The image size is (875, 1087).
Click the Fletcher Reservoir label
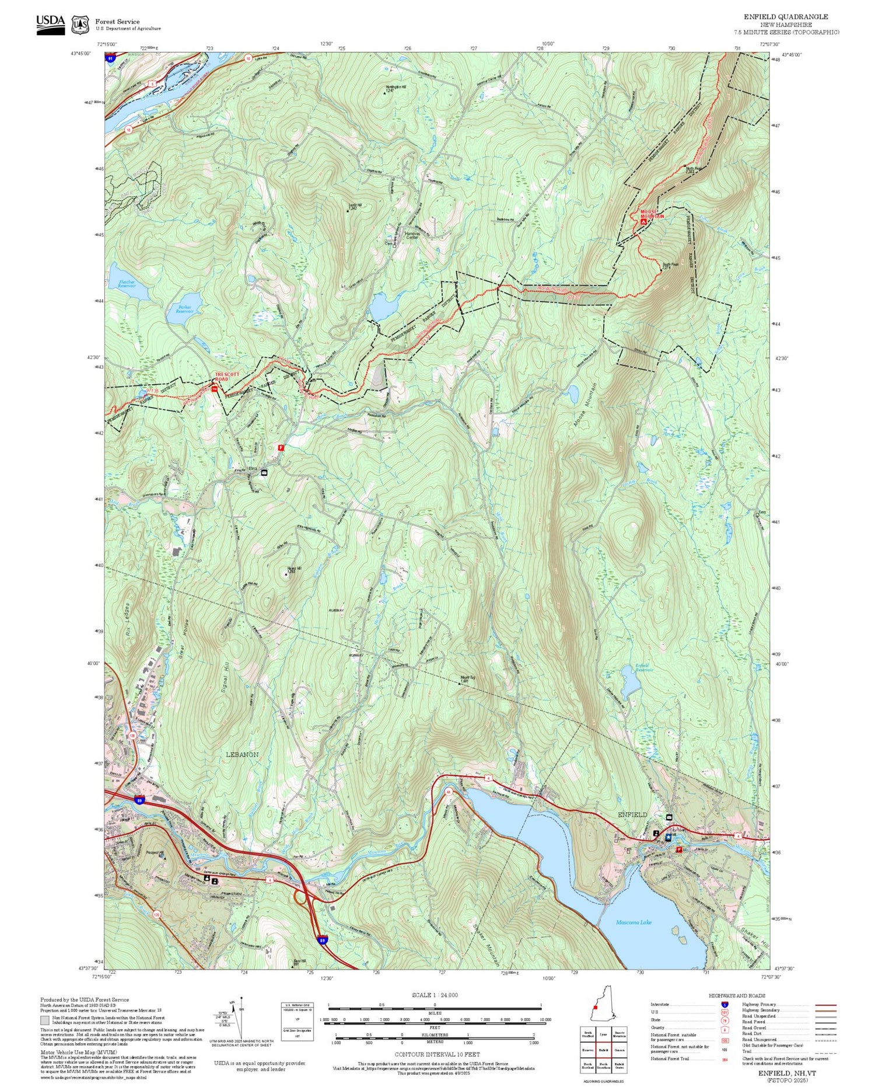tap(127, 284)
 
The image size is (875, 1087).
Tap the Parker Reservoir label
tap(185, 309)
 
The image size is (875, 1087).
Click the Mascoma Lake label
tap(633, 922)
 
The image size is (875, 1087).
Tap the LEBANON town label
tap(242, 755)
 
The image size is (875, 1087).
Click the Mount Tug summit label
tap(465, 679)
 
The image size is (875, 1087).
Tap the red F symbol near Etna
tap(281, 447)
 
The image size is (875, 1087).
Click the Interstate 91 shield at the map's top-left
tap(110, 58)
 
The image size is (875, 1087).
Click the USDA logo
tap(51, 23)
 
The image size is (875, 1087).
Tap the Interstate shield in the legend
tap(724, 1004)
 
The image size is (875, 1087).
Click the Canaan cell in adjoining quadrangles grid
tap(619, 1050)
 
